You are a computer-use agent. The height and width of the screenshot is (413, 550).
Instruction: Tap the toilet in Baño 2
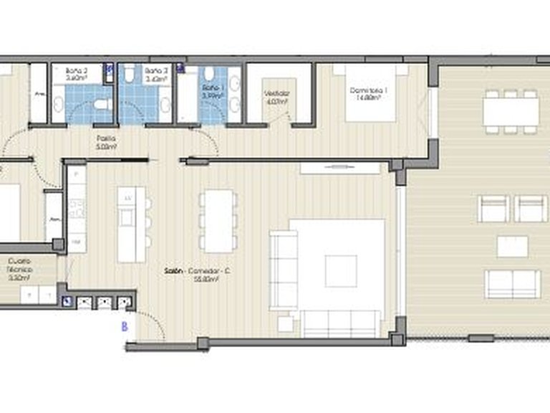[x=102, y=105]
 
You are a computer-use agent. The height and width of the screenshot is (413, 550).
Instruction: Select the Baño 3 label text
[x=155, y=75]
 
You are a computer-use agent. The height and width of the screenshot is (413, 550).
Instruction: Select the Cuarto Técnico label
[x=20, y=269]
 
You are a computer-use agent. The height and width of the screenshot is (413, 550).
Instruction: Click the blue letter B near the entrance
[x=124, y=326]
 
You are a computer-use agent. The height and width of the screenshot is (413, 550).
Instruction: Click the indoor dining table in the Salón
[x=216, y=220]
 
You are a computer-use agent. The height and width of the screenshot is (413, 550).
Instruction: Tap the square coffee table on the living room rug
[x=340, y=270]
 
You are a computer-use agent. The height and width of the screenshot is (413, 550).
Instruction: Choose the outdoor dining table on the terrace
[x=511, y=111]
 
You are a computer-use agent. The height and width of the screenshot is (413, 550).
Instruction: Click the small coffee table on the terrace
[x=512, y=246]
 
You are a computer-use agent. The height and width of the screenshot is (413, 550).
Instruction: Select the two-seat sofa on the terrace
[x=512, y=284]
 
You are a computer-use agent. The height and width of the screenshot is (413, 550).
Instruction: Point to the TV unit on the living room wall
[x=339, y=168]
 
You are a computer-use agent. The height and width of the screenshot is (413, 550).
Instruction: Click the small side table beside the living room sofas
[x=285, y=324]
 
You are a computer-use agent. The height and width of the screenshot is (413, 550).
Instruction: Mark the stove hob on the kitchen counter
[x=77, y=209]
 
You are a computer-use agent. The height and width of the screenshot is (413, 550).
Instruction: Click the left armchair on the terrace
[x=493, y=209]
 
